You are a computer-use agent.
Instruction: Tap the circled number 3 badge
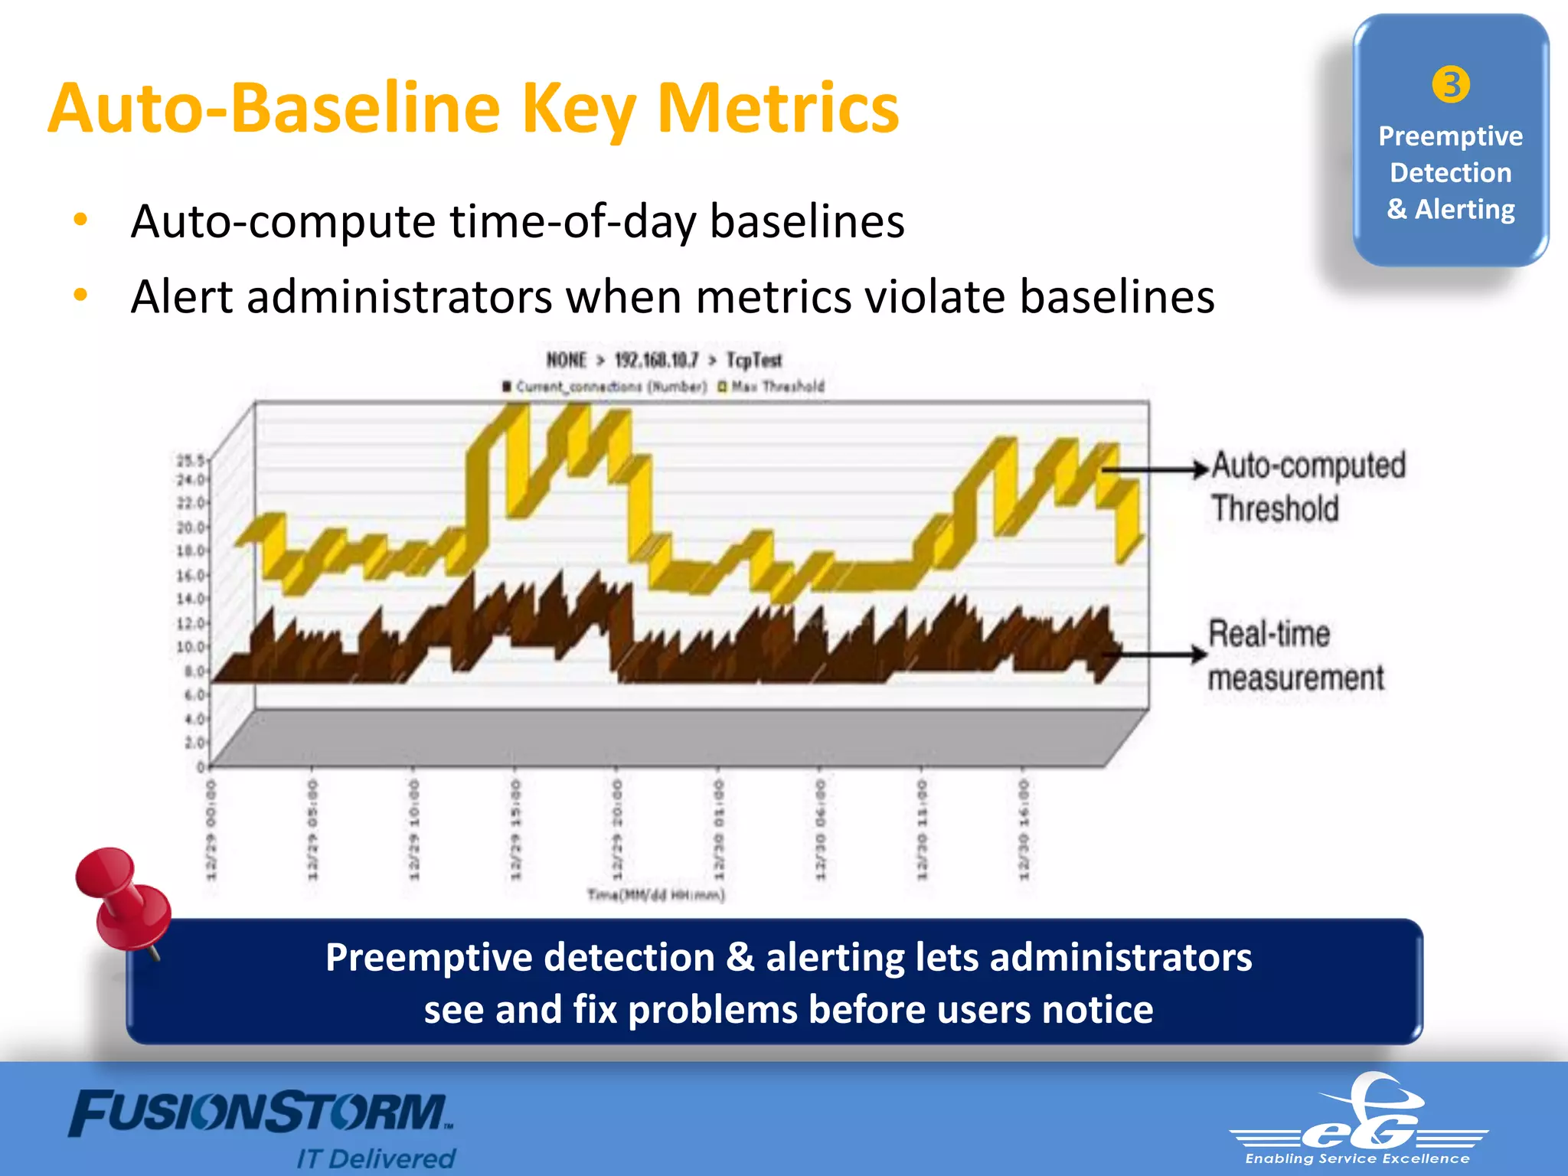click(x=1450, y=84)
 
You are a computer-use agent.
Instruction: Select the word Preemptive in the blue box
click(x=1450, y=136)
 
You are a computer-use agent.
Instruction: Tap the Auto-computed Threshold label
click(x=1308, y=487)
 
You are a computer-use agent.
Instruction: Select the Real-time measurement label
click(x=1295, y=655)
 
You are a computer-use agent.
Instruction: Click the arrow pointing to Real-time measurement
click(x=1156, y=654)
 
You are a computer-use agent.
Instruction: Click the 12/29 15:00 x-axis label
click(x=515, y=830)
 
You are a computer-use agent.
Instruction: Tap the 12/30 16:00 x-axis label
click(x=1024, y=830)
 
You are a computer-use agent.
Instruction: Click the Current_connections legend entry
click(x=605, y=387)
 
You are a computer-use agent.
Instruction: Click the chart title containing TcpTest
click(x=664, y=360)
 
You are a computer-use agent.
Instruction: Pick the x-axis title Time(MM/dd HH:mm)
click(x=655, y=894)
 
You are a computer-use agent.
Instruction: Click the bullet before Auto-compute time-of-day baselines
click(x=80, y=220)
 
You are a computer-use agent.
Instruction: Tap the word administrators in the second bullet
click(x=399, y=297)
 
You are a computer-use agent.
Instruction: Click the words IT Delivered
click(x=376, y=1158)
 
